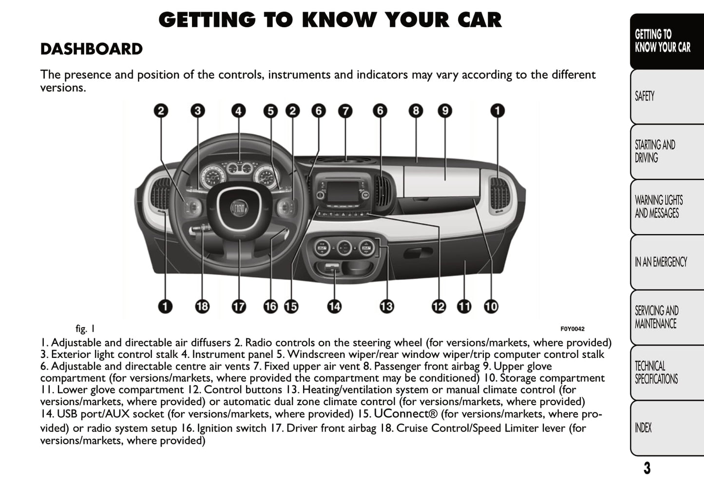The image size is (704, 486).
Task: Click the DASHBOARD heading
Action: (91, 49)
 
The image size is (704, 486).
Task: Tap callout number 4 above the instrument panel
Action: (238, 111)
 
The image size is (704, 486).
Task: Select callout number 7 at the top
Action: (345, 111)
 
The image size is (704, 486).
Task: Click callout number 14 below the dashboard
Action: (334, 306)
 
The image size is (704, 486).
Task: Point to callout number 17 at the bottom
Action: (239, 306)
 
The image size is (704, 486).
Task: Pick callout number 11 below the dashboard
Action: (464, 306)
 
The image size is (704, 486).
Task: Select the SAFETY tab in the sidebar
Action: (645, 96)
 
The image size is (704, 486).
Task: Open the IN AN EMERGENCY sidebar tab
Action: (661, 262)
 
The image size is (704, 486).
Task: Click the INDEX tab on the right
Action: (643, 428)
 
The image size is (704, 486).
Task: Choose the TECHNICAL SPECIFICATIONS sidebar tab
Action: (656, 373)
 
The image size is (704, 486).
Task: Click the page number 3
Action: (647, 468)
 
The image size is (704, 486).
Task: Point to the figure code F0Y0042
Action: (572, 329)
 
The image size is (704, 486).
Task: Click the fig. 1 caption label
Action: (85, 329)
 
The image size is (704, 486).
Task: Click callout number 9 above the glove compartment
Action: (444, 111)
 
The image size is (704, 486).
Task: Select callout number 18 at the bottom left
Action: (202, 306)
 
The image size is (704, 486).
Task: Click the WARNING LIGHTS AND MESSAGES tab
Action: (658, 206)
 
